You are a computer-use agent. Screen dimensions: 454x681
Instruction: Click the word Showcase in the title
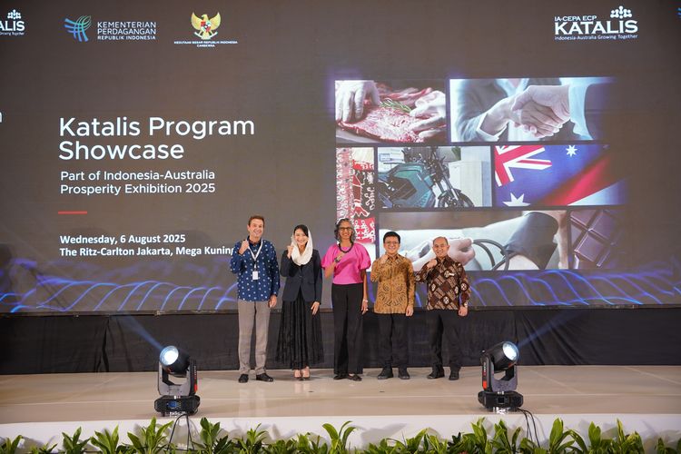tap(122, 150)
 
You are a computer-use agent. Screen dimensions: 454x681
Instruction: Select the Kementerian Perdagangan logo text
tap(126, 30)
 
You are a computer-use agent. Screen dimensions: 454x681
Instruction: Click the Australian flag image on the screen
tap(558, 175)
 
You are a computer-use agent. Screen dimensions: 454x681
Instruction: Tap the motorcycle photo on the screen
tap(434, 176)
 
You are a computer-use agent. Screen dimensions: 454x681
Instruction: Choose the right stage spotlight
tap(499, 375)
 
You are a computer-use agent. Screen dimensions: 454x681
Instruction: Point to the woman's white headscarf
tap(302, 248)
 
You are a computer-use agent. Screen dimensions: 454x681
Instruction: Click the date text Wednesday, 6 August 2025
tap(123, 239)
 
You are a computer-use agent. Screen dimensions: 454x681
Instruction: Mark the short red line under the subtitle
tap(73, 212)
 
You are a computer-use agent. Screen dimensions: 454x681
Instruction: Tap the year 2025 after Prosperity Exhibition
tap(198, 188)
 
